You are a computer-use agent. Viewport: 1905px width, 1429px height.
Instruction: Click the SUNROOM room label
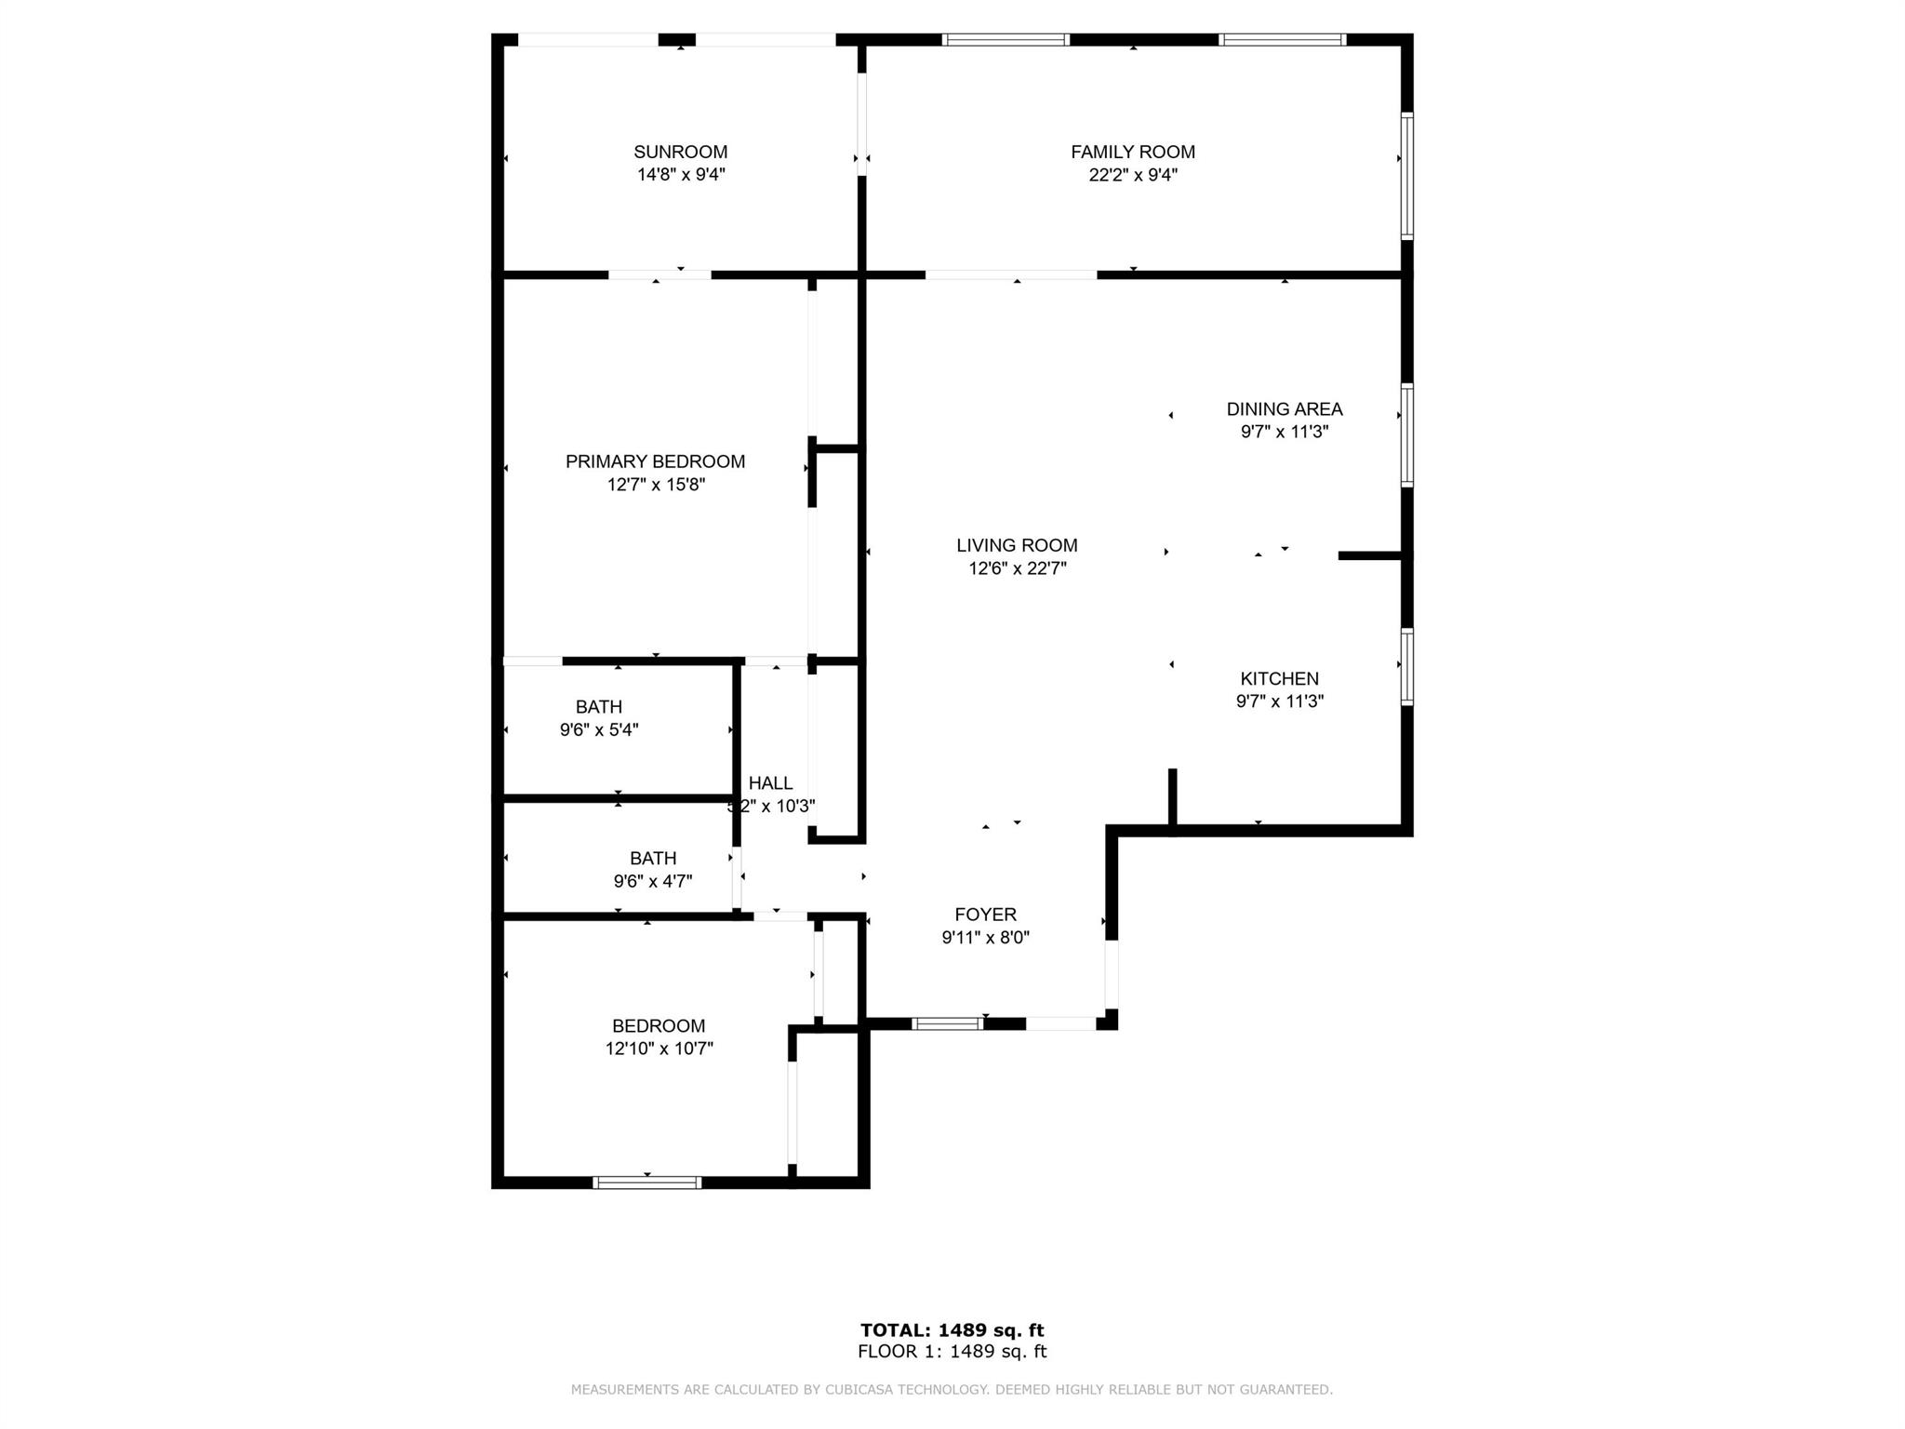pyautogui.click(x=680, y=152)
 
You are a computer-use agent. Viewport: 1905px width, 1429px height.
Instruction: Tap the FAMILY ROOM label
pyautogui.click(x=1132, y=152)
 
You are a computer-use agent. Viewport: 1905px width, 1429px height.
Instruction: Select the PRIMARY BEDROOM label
pyautogui.click(x=655, y=461)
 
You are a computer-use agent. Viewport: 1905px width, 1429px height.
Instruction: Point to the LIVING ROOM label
pyautogui.click(x=1017, y=545)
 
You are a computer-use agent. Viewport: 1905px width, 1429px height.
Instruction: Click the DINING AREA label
pyautogui.click(x=1284, y=408)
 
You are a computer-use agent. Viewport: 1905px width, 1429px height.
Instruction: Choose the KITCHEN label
pyautogui.click(x=1279, y=678)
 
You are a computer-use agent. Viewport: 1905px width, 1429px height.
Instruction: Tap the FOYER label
pyautogui.click(x=985, y=915)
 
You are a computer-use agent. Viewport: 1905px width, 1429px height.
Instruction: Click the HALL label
pyautogui.click(x=770, y=783)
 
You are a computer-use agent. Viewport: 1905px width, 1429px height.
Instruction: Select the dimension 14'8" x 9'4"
pyautogui.click(x=681, y=175)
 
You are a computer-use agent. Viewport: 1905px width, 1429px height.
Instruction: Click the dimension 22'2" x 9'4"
pyautogui.click(x=1133, y=175)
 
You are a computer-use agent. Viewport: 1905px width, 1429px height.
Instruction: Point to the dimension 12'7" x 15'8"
pyautogui.click(x=656, y=485)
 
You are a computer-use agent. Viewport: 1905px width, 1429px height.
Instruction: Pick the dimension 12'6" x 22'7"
pyautogui.click(x=1017, y=568)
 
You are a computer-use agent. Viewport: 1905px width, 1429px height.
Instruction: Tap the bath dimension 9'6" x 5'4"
pyautogui.click(x=598, y=730)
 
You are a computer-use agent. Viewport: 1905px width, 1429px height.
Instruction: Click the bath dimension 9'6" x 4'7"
pyautogui.click(x=653, y=881)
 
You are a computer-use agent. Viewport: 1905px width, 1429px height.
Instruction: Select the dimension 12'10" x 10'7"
pyautogui.click(x=659, y=1048)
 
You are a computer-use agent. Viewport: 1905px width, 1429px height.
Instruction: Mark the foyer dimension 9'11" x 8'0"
pyautogui.click(x=985, y=938)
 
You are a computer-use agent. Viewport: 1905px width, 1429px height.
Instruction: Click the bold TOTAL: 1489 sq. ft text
pyautogui.click(x=952, y=1330)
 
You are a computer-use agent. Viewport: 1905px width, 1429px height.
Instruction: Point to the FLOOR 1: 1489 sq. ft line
pyautogui.click(x=952, y=1352)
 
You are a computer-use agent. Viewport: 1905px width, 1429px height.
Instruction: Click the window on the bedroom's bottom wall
pyautogui.click(x=646, y=1182)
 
